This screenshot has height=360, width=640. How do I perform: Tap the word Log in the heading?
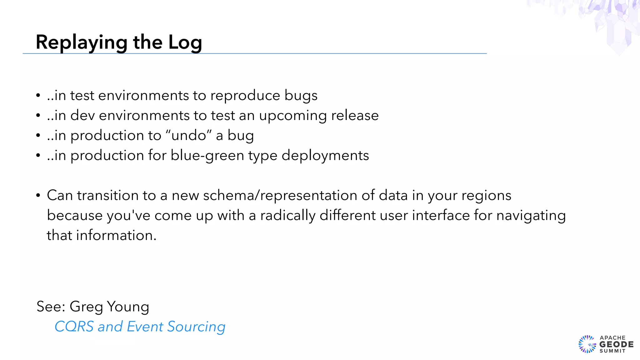coord(185,42)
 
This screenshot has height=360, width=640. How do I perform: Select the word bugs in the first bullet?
coord(301,96)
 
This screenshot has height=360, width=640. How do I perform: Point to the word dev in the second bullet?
coord(82,115)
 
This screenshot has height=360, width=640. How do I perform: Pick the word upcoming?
coord(293,116)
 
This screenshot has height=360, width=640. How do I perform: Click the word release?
coord(355,115)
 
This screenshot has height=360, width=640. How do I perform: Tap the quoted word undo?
coord(188,135)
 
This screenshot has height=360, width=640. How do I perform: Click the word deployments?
coord(325,155)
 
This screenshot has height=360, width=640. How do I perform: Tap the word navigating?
coord(531,216)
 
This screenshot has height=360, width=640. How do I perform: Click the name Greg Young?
coord(109,307)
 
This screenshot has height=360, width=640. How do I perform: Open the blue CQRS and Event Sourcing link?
coord(140,327)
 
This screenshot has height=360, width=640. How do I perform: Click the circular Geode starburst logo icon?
coord(587,344)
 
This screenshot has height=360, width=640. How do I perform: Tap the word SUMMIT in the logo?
coord(612,351)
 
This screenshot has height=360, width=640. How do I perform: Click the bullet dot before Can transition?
coord(38,196)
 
